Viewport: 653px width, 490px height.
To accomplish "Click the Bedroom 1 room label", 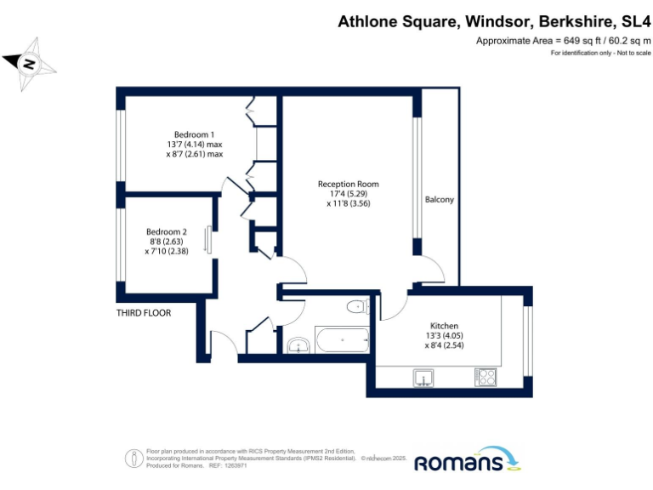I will click(x=194, y=134).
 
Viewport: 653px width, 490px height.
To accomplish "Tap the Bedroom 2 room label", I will click(x=166, y=231).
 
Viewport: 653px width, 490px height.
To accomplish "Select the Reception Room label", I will click(x=348, y=184).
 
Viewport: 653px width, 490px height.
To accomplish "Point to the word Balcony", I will click(x=439, y=200).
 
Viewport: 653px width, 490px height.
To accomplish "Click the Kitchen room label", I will click(x=444, y=326).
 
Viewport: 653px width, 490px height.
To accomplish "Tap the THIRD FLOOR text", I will click(x=144, y=313).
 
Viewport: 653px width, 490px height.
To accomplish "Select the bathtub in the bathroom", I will click(x=342, y=339).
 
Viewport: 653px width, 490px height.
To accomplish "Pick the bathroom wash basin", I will click(x=298, y=345).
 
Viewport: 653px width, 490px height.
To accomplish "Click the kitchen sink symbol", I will click(x=423, y=375).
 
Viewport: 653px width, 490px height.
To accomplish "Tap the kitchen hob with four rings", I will click(x=485, y=375).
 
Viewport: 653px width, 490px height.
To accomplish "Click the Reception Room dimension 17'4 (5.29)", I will click(x=348, y=194).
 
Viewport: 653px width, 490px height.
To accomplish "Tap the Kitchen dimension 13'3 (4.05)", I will click(x=444, y=336).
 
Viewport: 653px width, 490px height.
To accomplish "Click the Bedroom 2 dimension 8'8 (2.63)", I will click(x=166, y=242).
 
